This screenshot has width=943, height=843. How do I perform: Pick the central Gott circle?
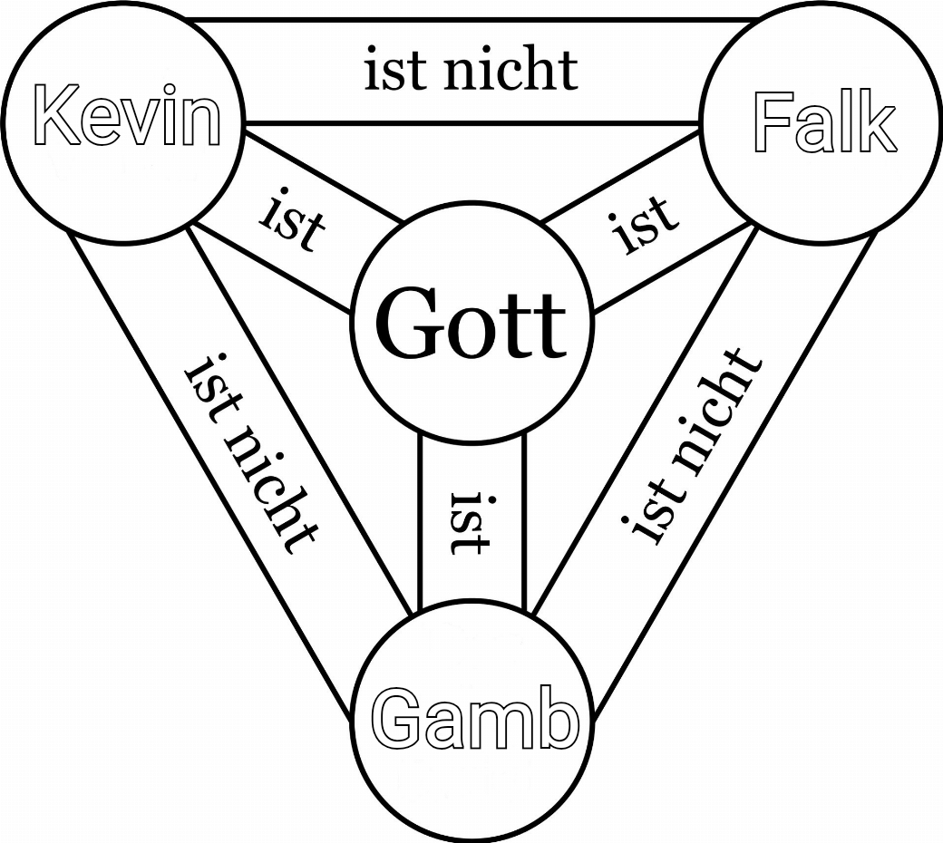coord(471,322)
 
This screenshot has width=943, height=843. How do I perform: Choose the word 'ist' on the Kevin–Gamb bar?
coord(207,380)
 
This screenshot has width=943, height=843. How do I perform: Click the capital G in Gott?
coord(406,323)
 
